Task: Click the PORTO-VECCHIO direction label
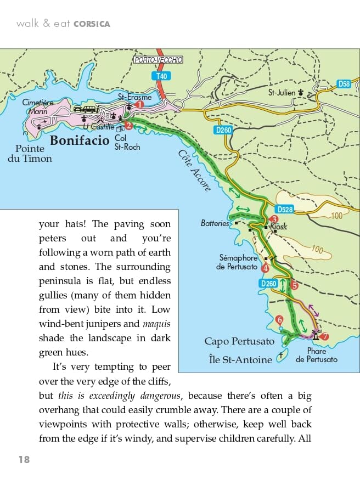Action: [159, 60]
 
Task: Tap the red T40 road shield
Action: [161, 76]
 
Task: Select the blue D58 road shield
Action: [344, 84]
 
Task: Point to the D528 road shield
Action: [285, 209]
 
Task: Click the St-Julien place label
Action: [282, 93]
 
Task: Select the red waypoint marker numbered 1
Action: [139, 104]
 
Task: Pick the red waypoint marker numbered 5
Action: [294, 285]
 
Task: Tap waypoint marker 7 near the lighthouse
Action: [324, 336]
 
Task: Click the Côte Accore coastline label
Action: [194, 171]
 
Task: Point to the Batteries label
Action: [215, 223]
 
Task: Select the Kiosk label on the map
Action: [278, 227]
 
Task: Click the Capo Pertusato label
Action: [239, 341]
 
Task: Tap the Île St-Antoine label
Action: [240, 359]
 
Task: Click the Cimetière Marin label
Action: [38, 106]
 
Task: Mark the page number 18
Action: [23, 459]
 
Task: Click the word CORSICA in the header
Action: [92, 24]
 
